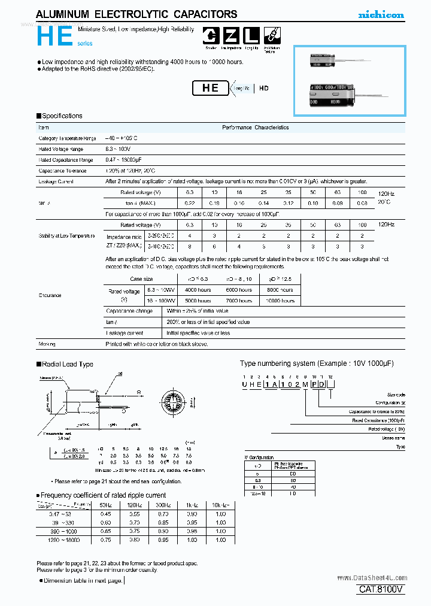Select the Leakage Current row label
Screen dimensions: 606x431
56,181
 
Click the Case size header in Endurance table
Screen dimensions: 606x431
141,279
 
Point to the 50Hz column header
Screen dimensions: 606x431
105,506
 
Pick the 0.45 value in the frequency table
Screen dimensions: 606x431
105,514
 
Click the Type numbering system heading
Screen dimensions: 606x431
317,363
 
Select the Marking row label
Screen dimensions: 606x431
47,344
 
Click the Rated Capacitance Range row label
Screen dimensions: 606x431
66,160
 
